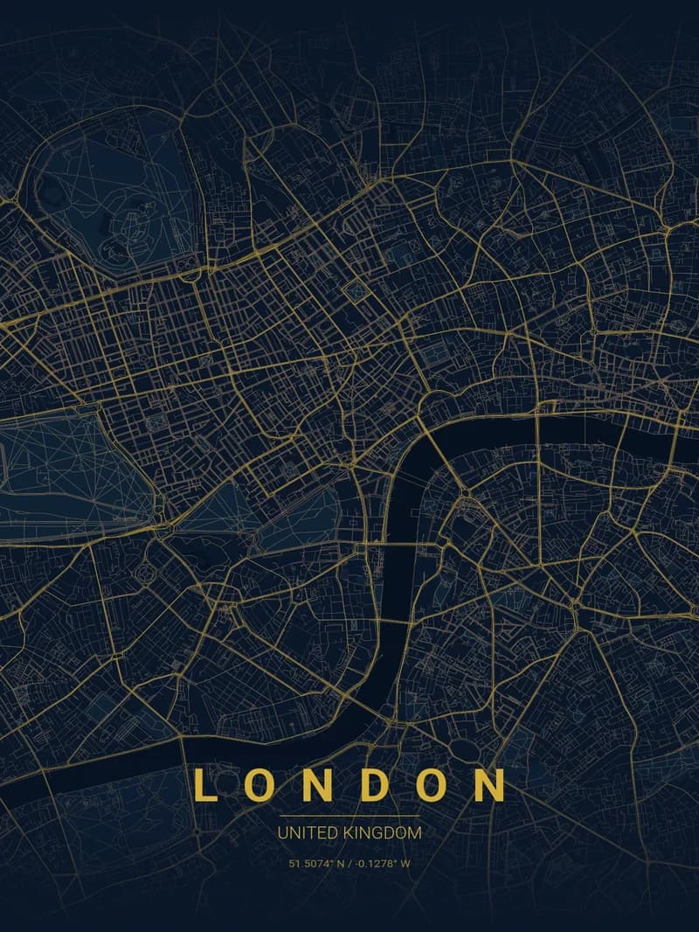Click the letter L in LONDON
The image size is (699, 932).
pyautogui.click(x=204, y=784)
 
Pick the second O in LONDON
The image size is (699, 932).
pyautogui.click(x=432, y=784)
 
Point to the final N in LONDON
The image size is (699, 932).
pyautogui.click(x=490, y=784)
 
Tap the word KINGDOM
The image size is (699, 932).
pyautogui.click(x=381, y=833)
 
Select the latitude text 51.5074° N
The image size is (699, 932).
pyautogui.click(x=317, y=864)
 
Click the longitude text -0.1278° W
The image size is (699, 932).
pyautogui.click(x=382, y=864)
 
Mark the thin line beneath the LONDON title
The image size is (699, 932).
pyautogui.click(x=349, y=816)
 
